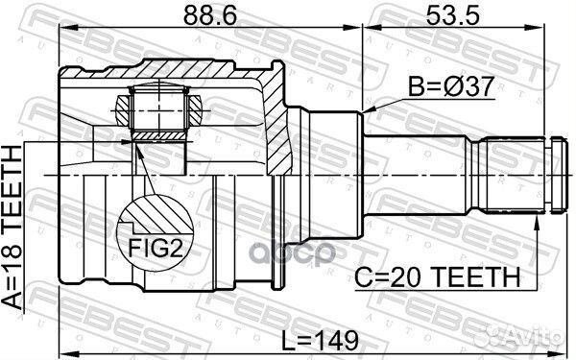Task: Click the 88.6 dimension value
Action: tap(209, 15)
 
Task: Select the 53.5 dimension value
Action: tap(452, 15)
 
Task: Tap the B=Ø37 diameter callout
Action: tap(451, 86)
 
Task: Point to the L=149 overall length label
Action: tap(320, 340)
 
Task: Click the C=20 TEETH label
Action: tap(437, 277)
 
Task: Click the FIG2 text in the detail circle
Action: tap(155, 249)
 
